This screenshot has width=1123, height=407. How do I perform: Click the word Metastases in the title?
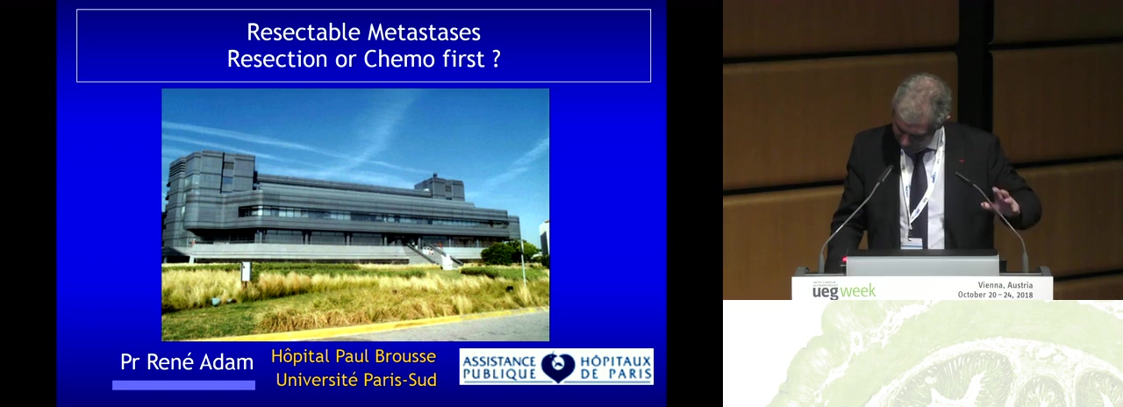[424, 32]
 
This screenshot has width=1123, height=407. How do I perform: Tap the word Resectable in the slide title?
[304, 32]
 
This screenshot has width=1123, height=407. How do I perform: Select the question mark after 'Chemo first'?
[497, 59]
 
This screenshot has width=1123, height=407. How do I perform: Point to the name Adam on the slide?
[227, 362]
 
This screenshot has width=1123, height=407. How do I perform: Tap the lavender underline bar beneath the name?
[183, 385]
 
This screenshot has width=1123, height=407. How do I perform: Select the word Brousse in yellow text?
[405, 356]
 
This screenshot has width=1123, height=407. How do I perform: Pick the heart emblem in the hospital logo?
[557, 368]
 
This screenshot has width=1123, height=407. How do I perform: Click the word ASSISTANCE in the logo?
[499, 361]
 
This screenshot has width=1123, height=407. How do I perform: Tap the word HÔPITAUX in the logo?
[616, 361]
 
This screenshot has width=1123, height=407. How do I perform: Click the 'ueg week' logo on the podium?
[844, 291]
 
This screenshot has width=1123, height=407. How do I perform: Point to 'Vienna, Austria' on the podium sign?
[1005, 285]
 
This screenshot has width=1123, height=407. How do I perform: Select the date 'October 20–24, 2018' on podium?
[995, 295]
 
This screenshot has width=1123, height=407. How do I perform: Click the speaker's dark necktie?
[919, 196]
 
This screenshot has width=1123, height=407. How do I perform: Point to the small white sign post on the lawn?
[246, 271]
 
